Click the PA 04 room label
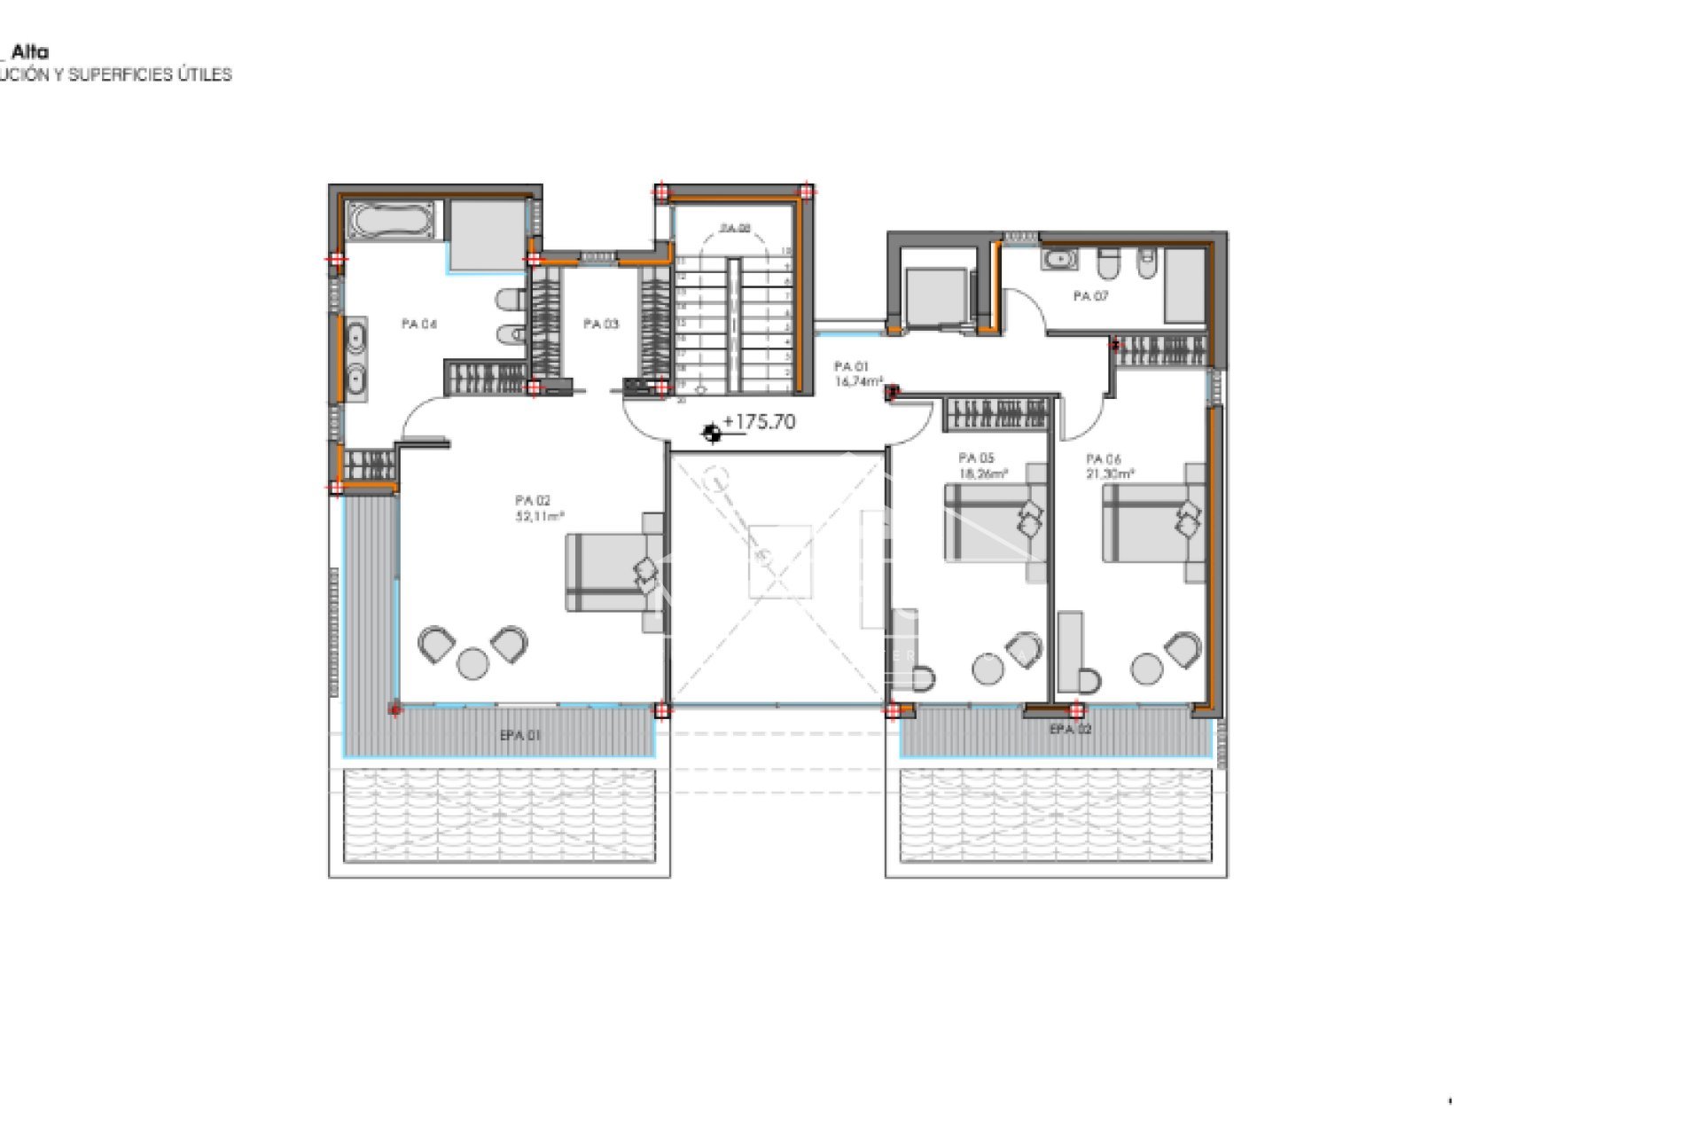pos(419,325)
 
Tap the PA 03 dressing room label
pos(601,325)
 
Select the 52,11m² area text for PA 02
pos(540,516)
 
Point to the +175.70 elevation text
pos(760,422)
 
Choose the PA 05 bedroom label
pos(976,458)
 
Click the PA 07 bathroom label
pos(1090,296)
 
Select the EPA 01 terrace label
pos(520,735)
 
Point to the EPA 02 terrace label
pos(1070,730)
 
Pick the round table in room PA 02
pos(472,662)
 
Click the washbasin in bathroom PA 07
pos(1060,260)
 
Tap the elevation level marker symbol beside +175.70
pos(711,434)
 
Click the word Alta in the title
pos(30,52)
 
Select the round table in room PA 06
pos(1146,669)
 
